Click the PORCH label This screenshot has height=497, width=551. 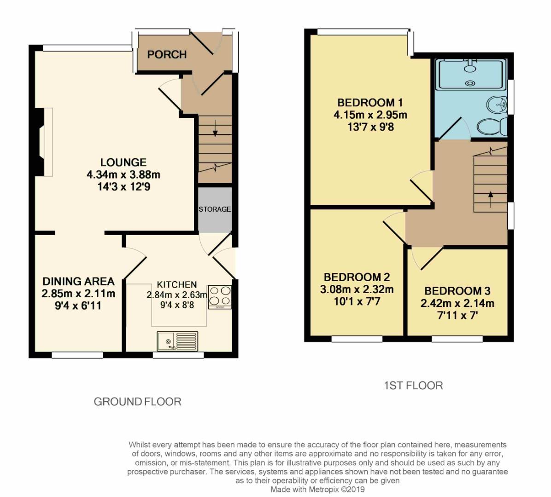167,54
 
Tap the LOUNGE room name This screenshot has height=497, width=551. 123,162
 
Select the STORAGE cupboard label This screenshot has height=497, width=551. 215,209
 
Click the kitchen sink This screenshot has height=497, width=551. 177,341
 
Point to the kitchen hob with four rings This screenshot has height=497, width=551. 219,296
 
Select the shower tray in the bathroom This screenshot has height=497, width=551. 470,74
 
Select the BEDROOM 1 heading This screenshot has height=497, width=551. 366,102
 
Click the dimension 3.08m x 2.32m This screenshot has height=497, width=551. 357,289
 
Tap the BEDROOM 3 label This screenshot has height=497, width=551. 457,291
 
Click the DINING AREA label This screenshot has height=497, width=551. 78,281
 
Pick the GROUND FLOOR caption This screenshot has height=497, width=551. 137,402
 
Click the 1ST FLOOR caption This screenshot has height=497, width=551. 413,386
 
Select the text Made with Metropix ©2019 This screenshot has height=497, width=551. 317,489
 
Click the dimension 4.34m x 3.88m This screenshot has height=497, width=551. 123,175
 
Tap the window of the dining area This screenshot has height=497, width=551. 77,355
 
